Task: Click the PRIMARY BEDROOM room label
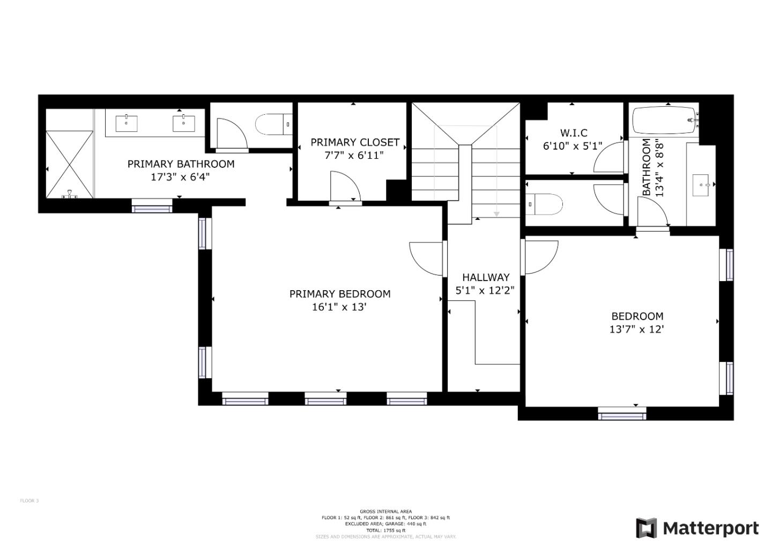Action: coord(339,294)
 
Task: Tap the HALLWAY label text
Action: coord(486,277)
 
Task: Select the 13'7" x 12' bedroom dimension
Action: coord(636,329)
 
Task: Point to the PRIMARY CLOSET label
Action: coord(355,142)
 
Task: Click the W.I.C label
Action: coord(573,132)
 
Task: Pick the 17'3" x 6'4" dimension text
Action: coord(180,177)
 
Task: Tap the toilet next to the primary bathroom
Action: coord(271,124)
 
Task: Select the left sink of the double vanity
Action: coord(127,123)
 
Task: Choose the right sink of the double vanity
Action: coord(183,123)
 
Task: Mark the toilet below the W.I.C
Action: coord(545,204)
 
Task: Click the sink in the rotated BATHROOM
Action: coord(702,185)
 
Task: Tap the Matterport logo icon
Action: coord(647,528)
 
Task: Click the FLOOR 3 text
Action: coord(29,501)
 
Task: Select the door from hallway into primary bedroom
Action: coord(426,259)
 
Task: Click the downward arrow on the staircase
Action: coord(496,214)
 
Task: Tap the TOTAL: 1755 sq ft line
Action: coord(385,530)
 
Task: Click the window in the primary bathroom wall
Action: coord(152,205)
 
